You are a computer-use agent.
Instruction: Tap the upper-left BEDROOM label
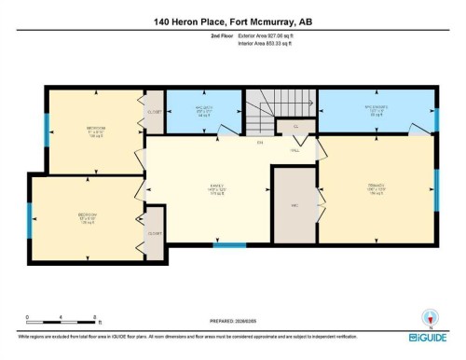point(95,130)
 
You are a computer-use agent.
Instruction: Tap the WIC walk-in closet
point(294,205)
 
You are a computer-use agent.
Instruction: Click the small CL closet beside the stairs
point(295,125)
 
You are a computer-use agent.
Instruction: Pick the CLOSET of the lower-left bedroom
point(155,233)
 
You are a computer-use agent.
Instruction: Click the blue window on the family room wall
point(225,246)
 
